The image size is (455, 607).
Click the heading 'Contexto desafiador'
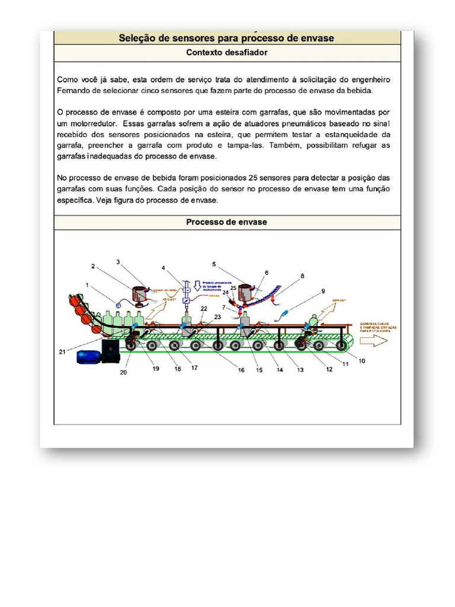[227, 53]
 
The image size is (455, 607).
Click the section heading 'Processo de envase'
[227, 222]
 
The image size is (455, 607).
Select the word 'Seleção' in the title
[137, 38]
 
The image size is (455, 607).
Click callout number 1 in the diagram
[87, 285]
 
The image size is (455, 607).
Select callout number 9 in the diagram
[323, 291]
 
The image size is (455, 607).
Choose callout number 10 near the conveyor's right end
[361, 360]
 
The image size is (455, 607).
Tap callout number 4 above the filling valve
[164, 267]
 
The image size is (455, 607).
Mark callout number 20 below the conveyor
[124, 372]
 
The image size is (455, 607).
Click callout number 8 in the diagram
[302, 276]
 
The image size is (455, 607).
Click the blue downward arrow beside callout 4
[198, 285]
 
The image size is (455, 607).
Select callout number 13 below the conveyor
[300, 370]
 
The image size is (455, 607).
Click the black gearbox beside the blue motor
[111, 350]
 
